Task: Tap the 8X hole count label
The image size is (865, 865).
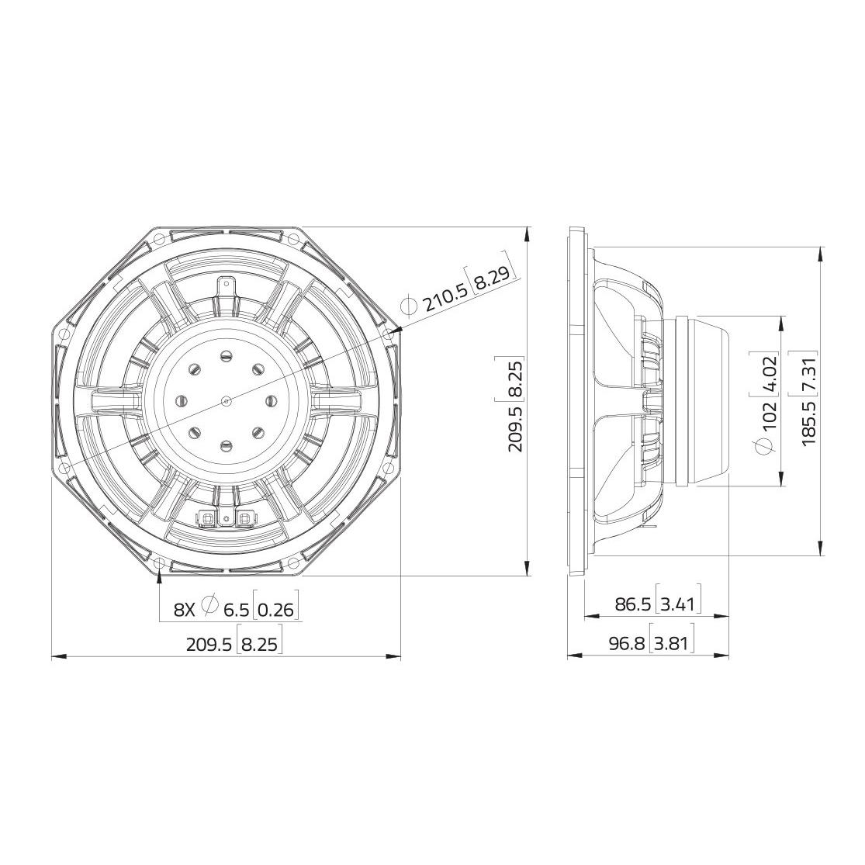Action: tap(185, 610)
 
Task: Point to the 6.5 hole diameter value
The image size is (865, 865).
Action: tap(237, 610)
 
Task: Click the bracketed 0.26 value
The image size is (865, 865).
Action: tap(276, 610)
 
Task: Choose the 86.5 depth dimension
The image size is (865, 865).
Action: tap(634, 604)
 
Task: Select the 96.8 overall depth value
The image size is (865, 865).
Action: tap(627, 643)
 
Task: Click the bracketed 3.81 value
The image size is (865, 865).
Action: tap(673, 643)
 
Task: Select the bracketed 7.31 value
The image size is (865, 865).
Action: tap(809, 377)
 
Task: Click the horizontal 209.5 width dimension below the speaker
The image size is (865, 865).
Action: tap(209, 643)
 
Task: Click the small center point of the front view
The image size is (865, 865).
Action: tap(226, 401)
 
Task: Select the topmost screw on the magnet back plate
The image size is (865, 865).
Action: tap(226, 356)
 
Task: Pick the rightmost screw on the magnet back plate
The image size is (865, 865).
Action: tap(271, 401)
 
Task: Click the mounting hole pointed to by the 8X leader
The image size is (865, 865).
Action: tap(159, 564)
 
